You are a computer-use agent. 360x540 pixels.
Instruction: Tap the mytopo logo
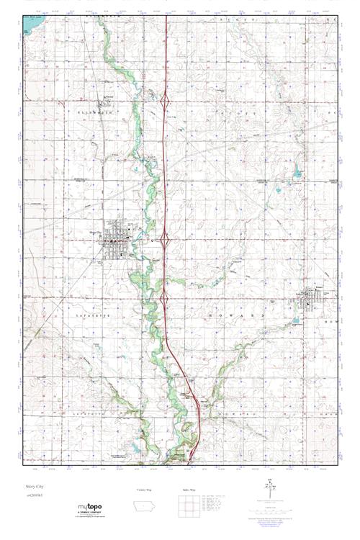pyautogui.click(x=89, y=507)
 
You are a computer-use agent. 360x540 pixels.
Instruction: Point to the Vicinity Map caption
pyautogui.click(x=144, y=490)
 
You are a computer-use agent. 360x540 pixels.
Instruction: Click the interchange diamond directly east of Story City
pyautogui.click(x=165, y=237)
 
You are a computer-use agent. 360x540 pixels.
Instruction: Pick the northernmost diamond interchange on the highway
pyautogui.click(x=166, y=104)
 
